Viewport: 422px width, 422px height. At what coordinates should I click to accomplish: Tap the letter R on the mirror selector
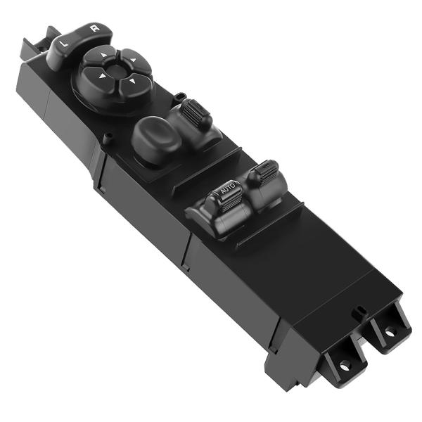94,30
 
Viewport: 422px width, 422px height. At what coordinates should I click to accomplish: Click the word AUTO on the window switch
226,189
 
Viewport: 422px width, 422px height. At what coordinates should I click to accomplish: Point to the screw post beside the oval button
108,137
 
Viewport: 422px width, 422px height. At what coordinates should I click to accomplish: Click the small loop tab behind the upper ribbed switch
180,95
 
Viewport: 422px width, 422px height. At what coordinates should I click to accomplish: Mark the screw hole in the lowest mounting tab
345,364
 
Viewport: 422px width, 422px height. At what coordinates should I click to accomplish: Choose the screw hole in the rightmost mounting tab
388,328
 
